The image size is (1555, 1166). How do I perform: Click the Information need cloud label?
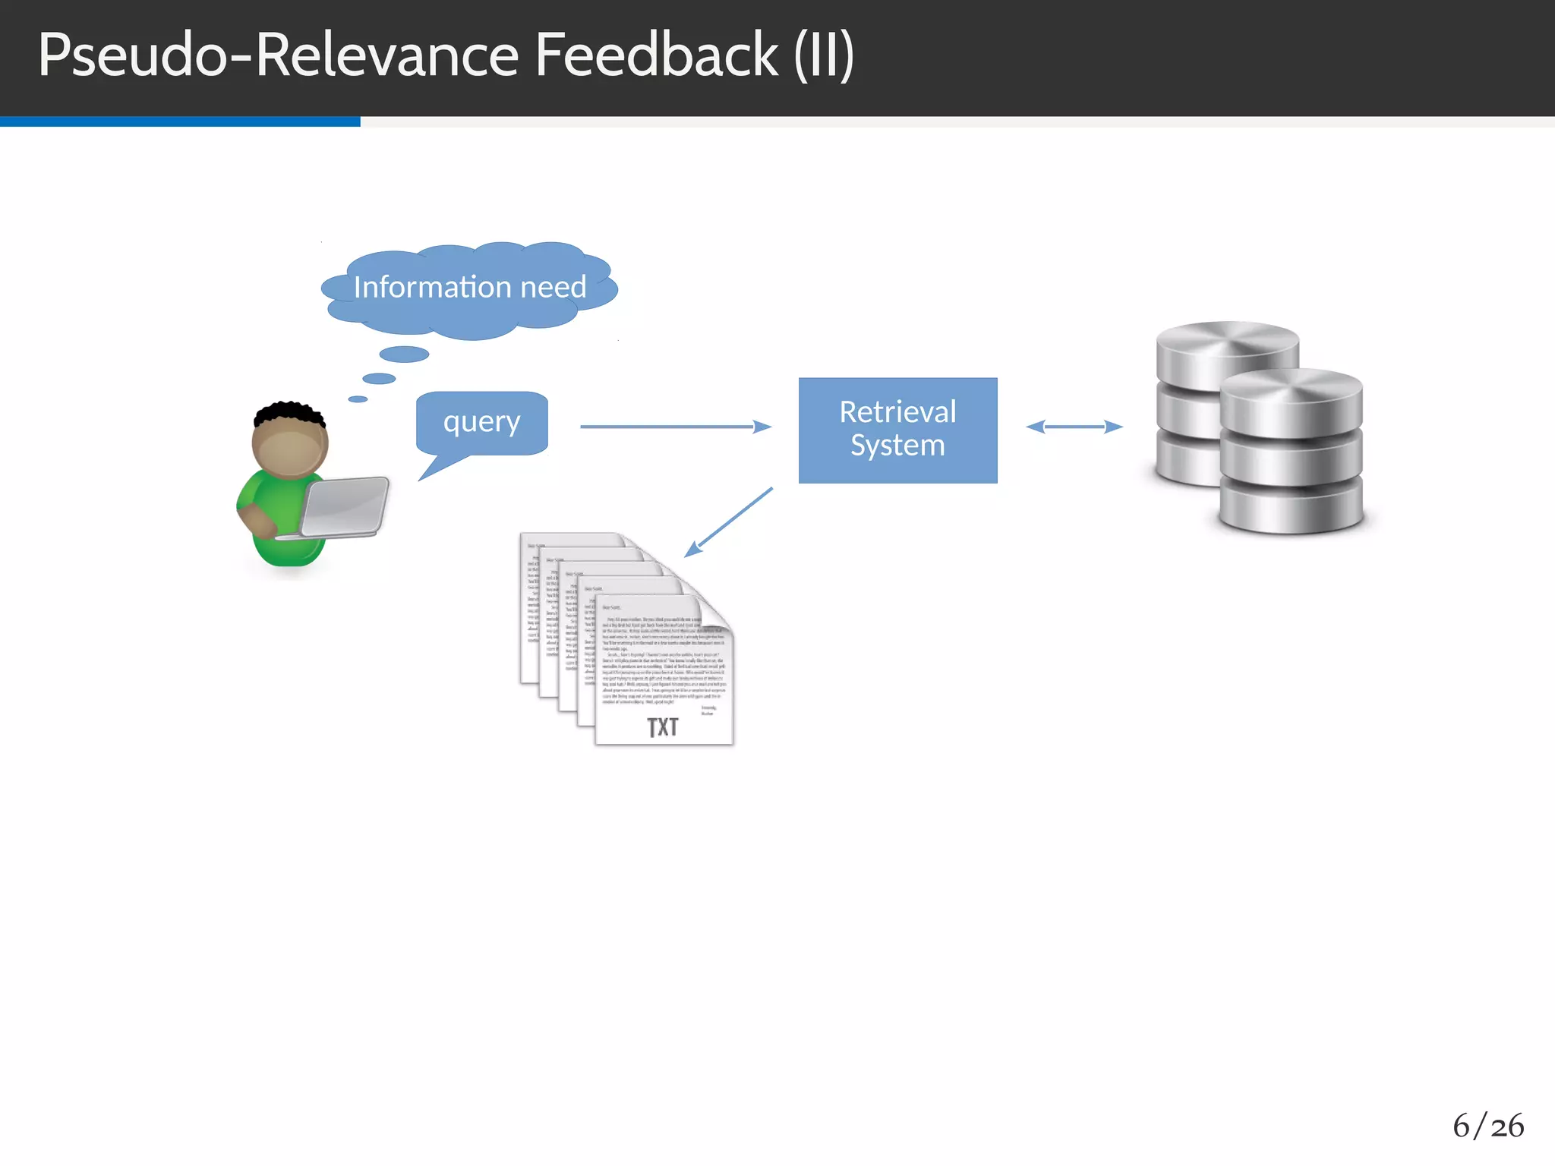point(470,288)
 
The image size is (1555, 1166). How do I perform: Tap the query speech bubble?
point(482,423)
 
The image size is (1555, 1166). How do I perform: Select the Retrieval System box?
point(897,430)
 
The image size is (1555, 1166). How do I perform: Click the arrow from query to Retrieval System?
point(675,427)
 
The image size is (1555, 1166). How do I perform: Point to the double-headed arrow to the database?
point(1074,427)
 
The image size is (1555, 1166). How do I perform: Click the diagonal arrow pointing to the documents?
point(729,522)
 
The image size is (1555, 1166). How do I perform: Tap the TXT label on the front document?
point(663,727)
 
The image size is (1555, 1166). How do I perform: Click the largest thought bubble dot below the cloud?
point(404,354)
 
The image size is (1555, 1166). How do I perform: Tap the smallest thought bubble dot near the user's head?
point(358,399)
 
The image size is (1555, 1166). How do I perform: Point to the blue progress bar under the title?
point(180,121)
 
